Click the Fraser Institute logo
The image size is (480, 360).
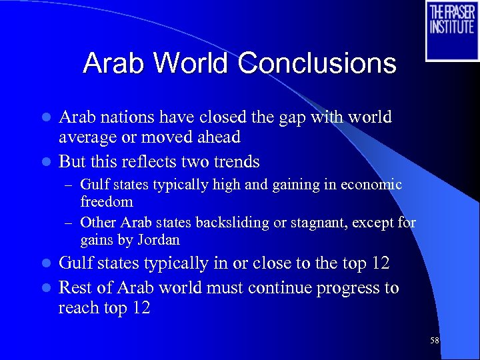click(x=452, y=30)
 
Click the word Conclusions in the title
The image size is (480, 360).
click(x=317, y=64)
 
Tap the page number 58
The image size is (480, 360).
click(x=434, y=340)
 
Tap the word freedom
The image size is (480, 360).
click(x=107, y=201)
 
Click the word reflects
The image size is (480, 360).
click(x=149, y=162)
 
